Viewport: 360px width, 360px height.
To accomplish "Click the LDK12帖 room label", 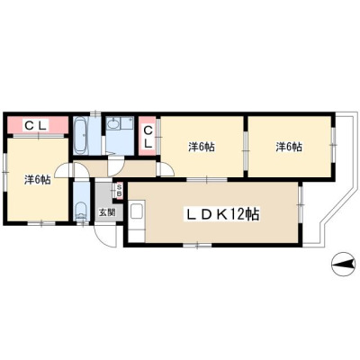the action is [221, 214].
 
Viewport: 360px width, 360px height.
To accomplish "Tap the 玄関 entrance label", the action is [107, 212].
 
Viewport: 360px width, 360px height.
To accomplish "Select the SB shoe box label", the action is [119, 191].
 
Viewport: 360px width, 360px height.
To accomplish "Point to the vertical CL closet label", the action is [148, 137].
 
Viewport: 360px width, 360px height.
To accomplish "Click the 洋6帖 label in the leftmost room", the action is [38, 180].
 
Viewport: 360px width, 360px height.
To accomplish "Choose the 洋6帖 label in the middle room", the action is [202, 147].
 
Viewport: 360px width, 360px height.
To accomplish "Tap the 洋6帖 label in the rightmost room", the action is [289, 147].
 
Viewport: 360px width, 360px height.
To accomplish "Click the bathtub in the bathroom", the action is [81, 135].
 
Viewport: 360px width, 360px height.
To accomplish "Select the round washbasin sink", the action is [113, 123].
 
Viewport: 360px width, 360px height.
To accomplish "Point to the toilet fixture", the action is [81, 211].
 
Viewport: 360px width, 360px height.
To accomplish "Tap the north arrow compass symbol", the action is [343, 264].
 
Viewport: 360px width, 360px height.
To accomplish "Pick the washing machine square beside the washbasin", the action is [128, 123].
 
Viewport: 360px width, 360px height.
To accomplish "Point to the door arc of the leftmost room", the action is [61, 168].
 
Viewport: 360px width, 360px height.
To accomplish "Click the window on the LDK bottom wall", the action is [197, 246].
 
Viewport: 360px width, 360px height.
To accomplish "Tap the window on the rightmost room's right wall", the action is [333, 145].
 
